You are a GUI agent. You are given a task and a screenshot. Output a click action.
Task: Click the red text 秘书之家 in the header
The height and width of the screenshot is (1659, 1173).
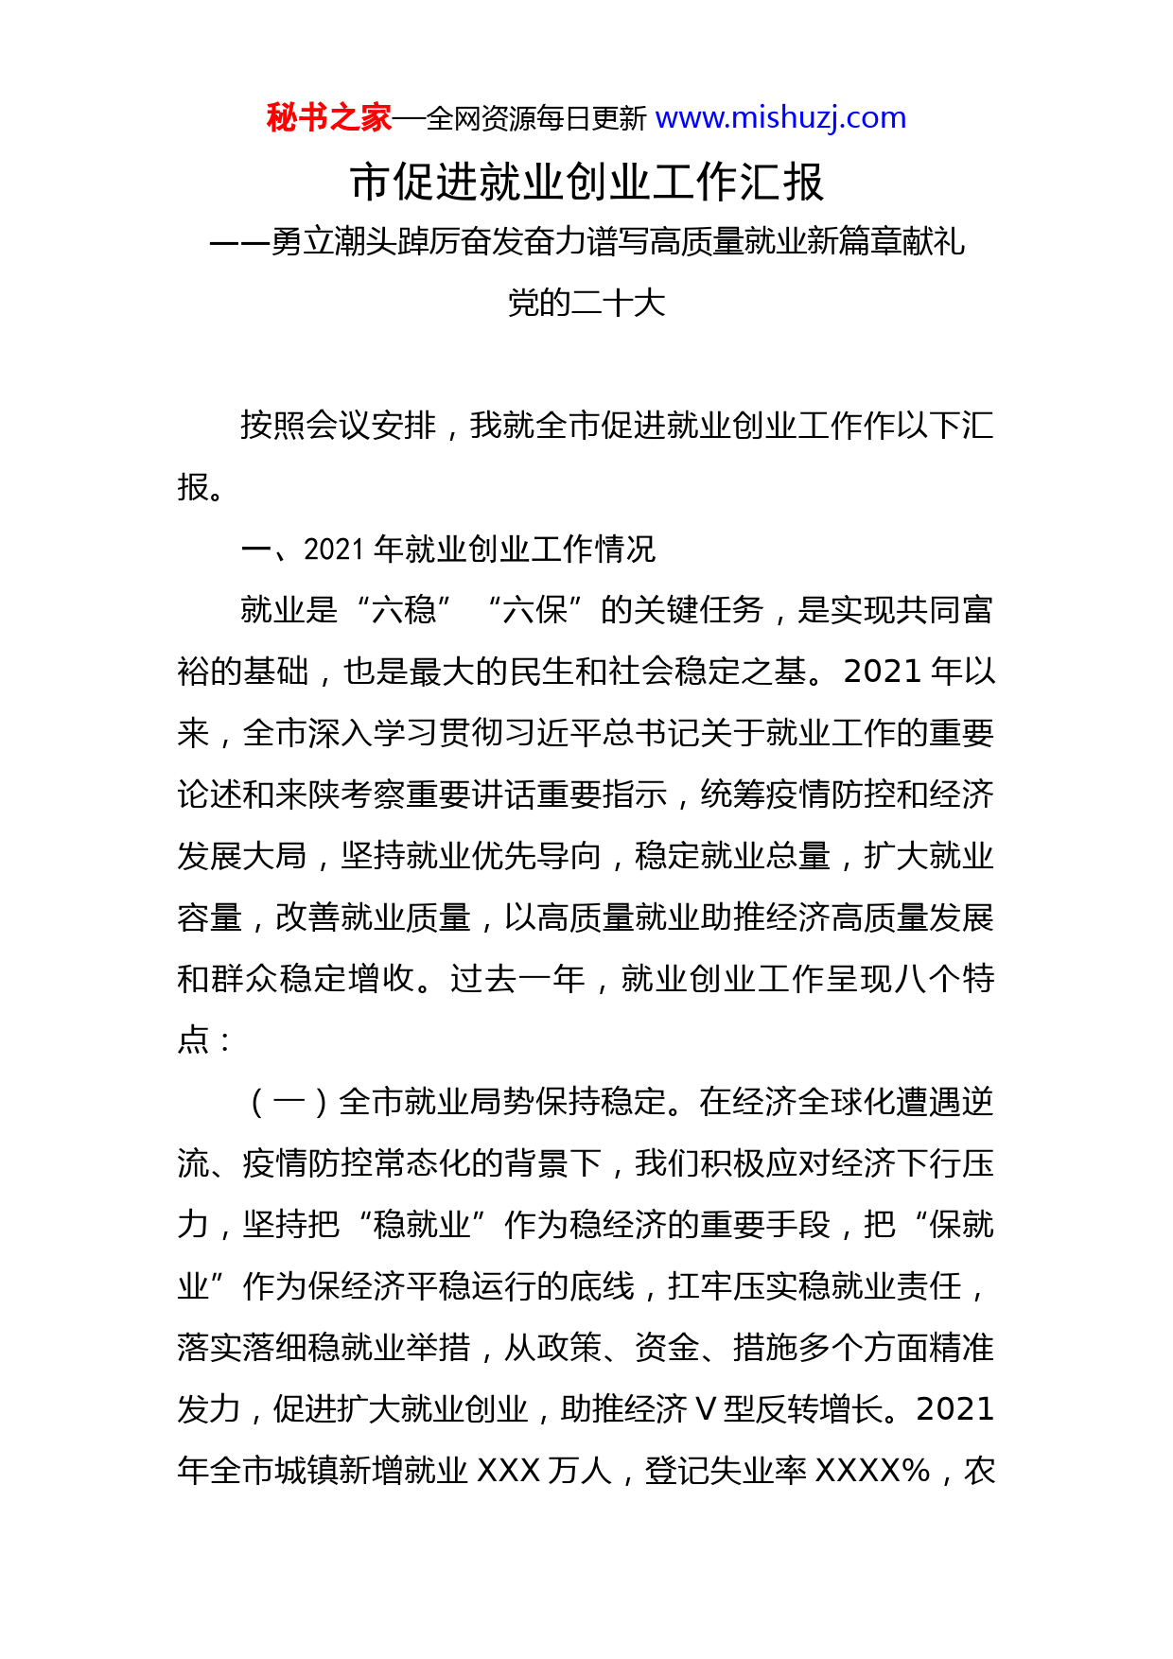(x=328, y=118)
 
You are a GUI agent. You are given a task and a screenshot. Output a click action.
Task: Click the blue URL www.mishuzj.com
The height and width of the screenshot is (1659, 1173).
(x=780, y=118)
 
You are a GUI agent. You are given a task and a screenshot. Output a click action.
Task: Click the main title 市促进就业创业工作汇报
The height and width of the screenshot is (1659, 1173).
(x=586, y=183)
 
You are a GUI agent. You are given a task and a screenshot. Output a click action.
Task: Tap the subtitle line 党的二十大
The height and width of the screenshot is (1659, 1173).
(x=586, y=304)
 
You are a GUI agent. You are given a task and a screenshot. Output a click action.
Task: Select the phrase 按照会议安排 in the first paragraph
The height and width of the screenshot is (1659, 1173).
(x=338, y=426)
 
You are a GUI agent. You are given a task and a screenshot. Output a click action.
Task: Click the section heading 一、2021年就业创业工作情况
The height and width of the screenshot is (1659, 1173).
(x=448, y=550)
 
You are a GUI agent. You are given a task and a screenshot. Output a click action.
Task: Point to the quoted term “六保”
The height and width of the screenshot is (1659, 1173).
(x=535, y=610)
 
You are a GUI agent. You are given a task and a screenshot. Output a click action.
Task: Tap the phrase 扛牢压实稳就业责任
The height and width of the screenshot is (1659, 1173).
(x=814, y=1286)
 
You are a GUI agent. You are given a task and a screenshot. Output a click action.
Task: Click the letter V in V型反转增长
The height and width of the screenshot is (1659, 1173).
(x=706, y=1409)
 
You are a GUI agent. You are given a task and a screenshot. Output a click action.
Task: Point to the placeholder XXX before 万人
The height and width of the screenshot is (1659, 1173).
(x=508, y=1471)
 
